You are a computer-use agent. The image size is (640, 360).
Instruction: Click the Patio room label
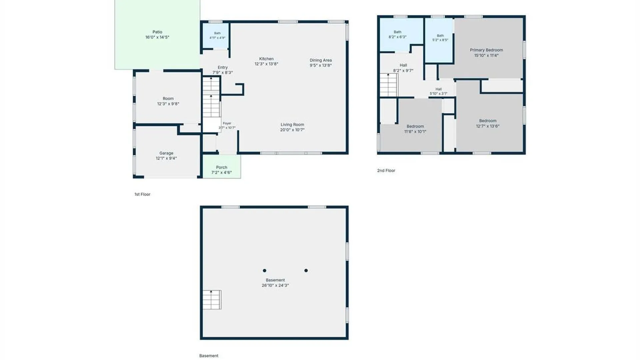pyautogui.click(x=157, y=32)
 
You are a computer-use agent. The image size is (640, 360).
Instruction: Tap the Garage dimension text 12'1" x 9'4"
pyautogui.click(x=166, y=158)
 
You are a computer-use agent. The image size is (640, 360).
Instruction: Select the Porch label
pyautogui.click(x=222, y=167)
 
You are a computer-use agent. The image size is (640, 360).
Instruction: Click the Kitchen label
pyautogui.click(x=266, y=59)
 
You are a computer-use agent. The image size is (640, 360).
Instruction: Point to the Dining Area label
pyautogui.click(x=321, y=60)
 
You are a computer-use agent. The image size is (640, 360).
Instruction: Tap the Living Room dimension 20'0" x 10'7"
pyautogui.click(x=292, y=130)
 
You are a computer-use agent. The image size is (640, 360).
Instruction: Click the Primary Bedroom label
pyautogui.click(x=486, y=50)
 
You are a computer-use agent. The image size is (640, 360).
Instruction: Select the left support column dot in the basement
pyautogui.click(x=265, y=271)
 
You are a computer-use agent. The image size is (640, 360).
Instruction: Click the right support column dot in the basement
pyautogui.click(x=306, y=271)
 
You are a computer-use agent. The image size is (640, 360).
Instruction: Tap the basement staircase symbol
pyautogui.click(x=212, y=300)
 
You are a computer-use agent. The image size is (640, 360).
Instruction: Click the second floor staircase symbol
pyautogui.click(x=389, y=85)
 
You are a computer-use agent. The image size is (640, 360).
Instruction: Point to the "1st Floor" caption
pyautogui.click(x=142, y=194)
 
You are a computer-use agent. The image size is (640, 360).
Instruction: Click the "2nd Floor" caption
pyautogui.click(x=386, y=170)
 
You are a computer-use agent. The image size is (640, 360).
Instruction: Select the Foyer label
pyautogui.click(x=227, y=123)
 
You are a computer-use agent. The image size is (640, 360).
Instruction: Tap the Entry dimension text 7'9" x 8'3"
pyautogui.click(x=223, y=72)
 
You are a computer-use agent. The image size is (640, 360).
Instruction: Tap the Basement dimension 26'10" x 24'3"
pyautogui.click(x=275, y=285)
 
